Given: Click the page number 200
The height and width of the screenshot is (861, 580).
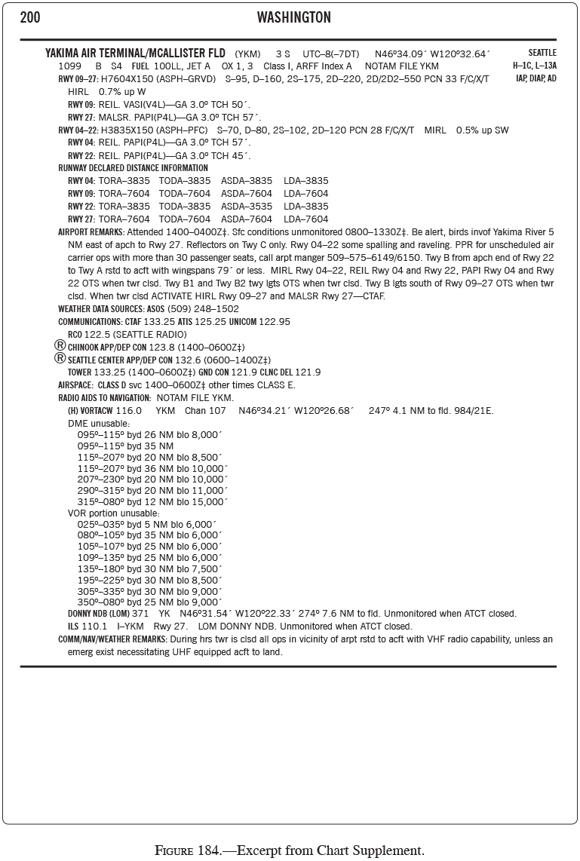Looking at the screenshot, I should [x=30, y=17].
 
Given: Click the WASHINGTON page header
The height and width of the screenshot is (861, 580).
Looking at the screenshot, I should [x=293, y=17].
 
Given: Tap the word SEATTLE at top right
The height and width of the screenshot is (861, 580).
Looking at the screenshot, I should [x=542, y=53].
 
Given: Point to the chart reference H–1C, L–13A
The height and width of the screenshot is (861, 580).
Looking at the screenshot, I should [x=535, y=66].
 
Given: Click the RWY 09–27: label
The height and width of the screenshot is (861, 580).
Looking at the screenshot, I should [x=78, y=78].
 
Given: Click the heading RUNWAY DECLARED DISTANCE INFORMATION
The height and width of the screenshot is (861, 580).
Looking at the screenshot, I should [x=133, y=168].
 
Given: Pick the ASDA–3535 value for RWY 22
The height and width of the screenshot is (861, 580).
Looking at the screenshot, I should [x=247, y=207].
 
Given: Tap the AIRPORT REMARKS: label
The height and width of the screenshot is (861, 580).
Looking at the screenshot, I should [x=92, y=232].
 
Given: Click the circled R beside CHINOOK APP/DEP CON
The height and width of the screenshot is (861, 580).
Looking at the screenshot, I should [x=60, y=345].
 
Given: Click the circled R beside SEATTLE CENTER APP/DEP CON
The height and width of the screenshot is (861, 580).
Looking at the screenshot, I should [x=60, y=358].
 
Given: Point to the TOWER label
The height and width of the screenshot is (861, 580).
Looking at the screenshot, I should [x=79, y=372].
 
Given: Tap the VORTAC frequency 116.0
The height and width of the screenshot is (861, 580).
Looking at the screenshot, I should [x=129, y=411].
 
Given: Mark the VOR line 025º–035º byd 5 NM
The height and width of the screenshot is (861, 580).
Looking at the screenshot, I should [x=147, y=524].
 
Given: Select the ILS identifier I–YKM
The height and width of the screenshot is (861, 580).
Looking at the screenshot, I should [x=130, y=627].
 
